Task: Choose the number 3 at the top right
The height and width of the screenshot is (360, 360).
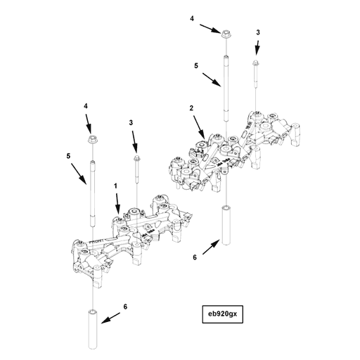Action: click(259, 32)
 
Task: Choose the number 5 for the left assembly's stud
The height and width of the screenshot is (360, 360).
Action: click(70, 156)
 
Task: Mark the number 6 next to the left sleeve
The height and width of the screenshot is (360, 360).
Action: click(126, 307)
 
